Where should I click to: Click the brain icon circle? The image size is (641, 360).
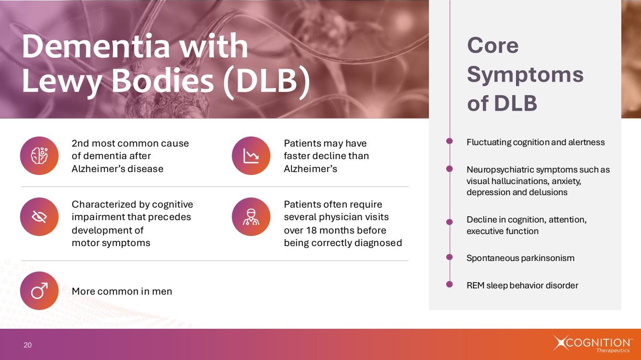tap(39, 156)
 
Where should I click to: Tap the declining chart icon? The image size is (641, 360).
tap(251, 156)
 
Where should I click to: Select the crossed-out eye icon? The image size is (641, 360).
tap(39, 217)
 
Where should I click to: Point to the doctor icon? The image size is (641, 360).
tap(251, 217)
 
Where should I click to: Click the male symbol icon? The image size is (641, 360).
tap(39, 290)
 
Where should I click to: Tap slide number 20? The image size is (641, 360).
tap(27, 345)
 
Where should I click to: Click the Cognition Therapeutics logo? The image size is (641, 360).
tap(591, 344)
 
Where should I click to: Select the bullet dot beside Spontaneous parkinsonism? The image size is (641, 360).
tap(450, 257)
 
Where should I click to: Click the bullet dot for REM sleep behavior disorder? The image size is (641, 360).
tap(450, 284)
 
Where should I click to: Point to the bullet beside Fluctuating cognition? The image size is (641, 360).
tap(450, 141)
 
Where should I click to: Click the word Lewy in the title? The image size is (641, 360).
tap(62, 81)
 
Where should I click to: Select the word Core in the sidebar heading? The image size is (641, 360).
tap(493, 46)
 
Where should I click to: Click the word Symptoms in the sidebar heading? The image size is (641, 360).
tap(525, 75)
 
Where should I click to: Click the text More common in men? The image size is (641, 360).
tap(122, 291)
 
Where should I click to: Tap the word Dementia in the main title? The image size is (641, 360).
tap(96, 46)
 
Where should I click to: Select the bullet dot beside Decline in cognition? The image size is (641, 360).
tap(450, 222)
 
